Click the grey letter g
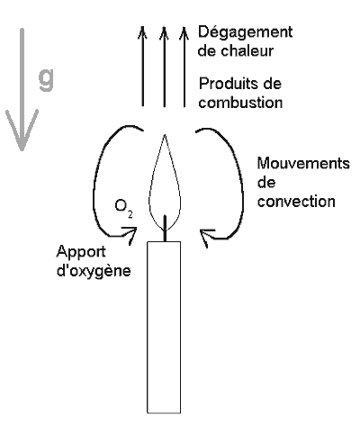46,78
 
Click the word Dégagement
245,32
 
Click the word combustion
240,103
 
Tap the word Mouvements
303,164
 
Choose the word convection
296,202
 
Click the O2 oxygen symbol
123,208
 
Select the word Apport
81,252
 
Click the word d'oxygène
94,271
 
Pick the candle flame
165,183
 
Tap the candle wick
165,228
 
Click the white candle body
164,328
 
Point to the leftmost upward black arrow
142,67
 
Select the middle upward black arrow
164,67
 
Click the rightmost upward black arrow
184,67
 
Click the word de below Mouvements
266,183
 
